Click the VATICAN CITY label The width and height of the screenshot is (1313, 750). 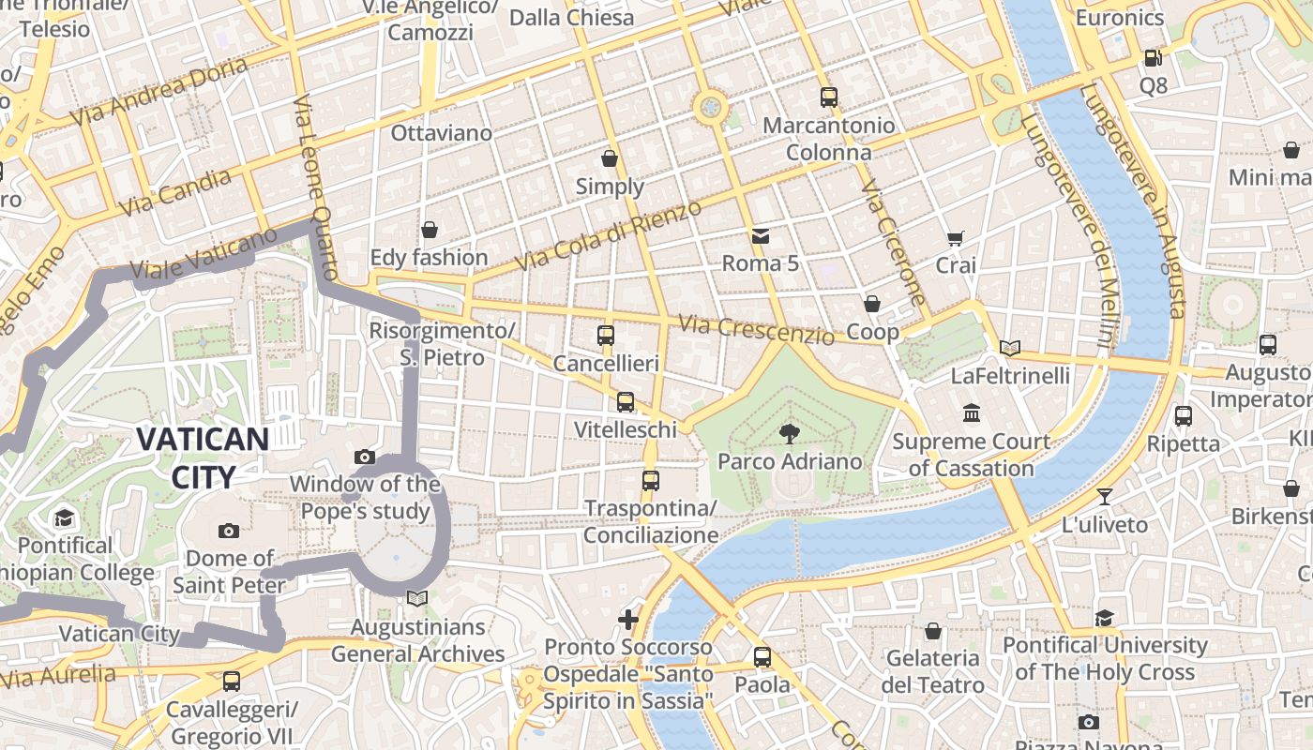(x=204, y=457)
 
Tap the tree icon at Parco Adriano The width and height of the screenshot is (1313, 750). (x=790, y=432)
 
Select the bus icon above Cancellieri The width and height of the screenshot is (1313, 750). (x=606, y=335)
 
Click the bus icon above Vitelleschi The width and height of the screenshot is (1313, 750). (x=626, y=402)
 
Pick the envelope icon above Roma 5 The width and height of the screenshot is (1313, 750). (x=761, y=235)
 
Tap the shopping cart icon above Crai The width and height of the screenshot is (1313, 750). (x=956, y=238)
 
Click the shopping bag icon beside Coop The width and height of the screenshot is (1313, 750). (x=872, y=304)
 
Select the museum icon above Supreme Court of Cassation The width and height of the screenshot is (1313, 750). (x=971, y=412)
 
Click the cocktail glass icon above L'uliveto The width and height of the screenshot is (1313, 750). (x=1105, y=496)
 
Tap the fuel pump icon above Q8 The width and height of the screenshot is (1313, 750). (x=1153, y=58)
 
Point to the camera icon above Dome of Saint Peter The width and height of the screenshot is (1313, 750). (x=229, y=531)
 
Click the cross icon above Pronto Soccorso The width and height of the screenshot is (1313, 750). (x=628, y=619)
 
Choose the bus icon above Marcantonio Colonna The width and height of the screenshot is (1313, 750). (x=828, y=97)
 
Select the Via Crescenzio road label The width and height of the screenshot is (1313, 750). (x=756, y=329)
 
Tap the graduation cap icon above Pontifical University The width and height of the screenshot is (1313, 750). (x=1105, y=617)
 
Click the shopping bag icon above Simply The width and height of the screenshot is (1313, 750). (x=610, y=158)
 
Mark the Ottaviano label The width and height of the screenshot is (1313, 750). (x=441, y=133)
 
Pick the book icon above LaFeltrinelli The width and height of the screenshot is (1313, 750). (x=1010, y=348)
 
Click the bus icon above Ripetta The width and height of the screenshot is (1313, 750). (x=1184, y=415)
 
